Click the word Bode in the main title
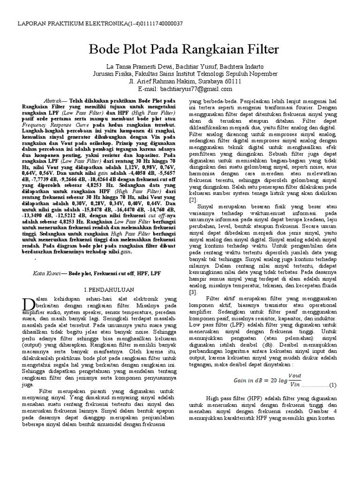(x=105, y=49)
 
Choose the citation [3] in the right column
(x=192, y=292)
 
